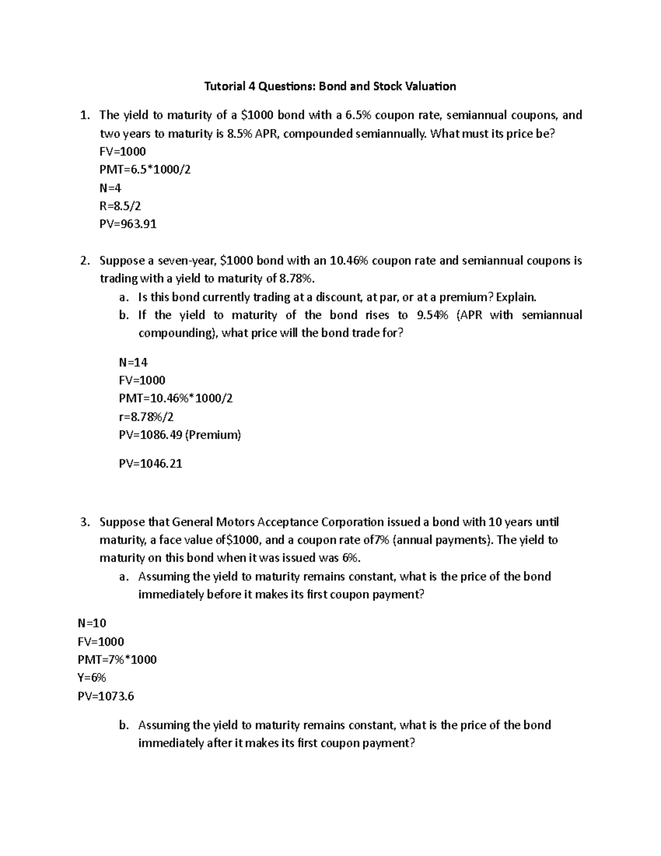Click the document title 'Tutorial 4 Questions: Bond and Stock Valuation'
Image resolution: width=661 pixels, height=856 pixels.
(x=330, y=87)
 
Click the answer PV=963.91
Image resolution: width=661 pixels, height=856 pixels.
(x=128, y=224)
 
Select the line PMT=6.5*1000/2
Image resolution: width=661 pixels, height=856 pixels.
(x=145, y=170)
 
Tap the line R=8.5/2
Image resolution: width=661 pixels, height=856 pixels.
(x=120, y=206)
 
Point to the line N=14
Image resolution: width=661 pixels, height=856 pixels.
(x=133, y=362)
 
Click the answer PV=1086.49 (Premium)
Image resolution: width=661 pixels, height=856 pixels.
(x=180, y=435)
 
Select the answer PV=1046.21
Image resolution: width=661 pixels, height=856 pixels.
(x=150, y=464)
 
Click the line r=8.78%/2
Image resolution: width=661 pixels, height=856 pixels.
(x=146, y=417)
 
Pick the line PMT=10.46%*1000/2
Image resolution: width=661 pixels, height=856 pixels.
(x=176, y=398)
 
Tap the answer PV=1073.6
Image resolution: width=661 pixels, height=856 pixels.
(x=106, y=696)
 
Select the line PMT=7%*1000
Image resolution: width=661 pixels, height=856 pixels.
(x=117, y=659)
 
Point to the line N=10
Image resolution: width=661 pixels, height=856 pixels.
(x=92, y=623)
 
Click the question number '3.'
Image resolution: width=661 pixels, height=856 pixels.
(x=84, y=522)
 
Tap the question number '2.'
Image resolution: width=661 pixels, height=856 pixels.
(x=84, y=261)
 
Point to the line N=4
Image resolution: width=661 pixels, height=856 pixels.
(x=110, y=187)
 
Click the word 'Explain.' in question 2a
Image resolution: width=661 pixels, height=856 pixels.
(x=516, y=297)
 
